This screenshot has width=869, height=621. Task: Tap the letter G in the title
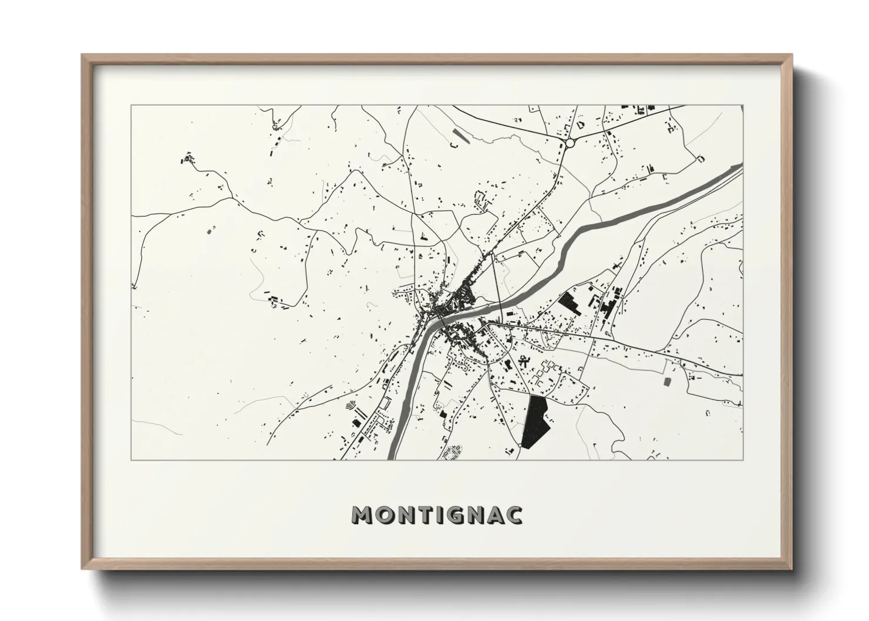pyautogui.click(x=458, y=515)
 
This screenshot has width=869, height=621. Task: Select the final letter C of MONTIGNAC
pyautogui.click(x=514, y=515)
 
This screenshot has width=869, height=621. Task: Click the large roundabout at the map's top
pyautogui.click(x=569, y=143)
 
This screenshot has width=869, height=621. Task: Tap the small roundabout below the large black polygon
pyautogui.click(x=521, y=447)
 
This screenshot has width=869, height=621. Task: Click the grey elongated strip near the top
pyautogui.click(x=462, y=136)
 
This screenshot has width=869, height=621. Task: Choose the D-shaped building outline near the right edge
pyautogui.click(x=700, y=158)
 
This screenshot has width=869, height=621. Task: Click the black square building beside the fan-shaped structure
pyautogui.click(x=355, y=423)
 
